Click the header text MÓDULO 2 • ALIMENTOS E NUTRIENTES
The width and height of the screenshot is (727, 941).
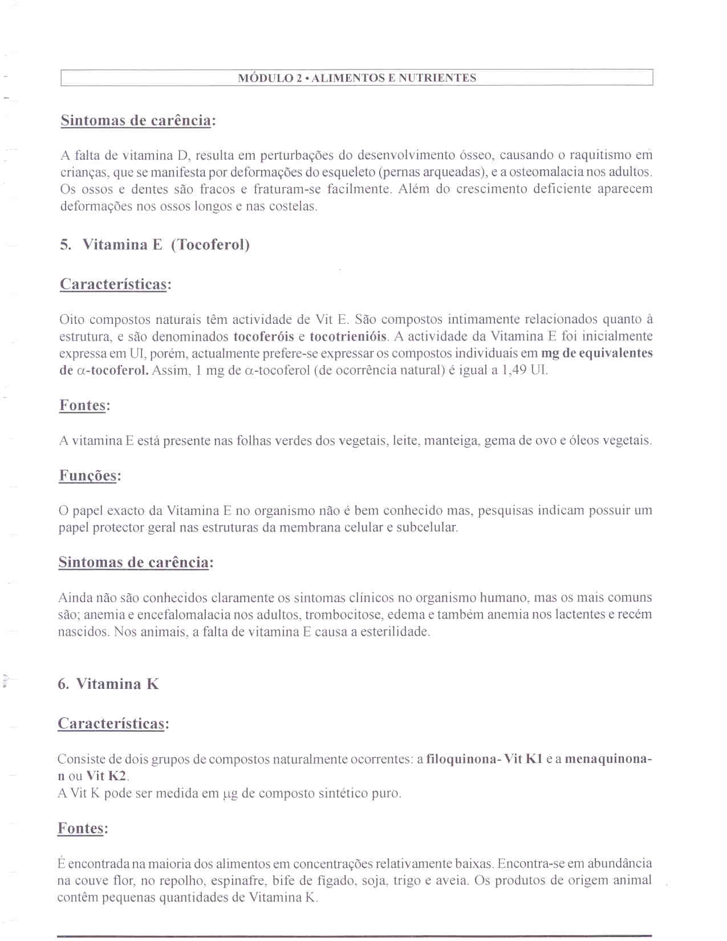357,78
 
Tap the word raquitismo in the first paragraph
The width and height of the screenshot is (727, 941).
600,155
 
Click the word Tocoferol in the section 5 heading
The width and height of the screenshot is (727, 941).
210,245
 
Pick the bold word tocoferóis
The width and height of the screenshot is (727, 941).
263,336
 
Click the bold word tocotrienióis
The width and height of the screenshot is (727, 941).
348,336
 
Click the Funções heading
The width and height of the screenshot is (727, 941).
88,476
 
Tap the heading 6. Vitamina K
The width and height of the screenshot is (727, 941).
108,684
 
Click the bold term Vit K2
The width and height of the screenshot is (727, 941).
107,776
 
